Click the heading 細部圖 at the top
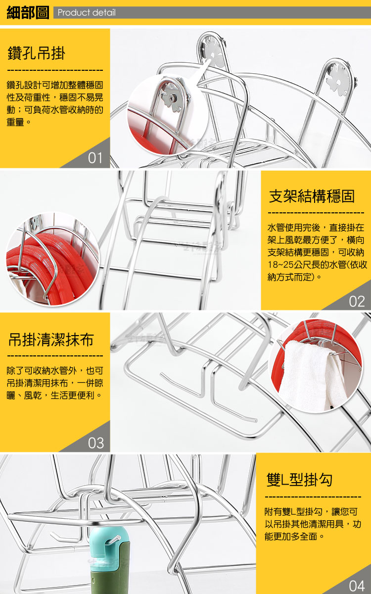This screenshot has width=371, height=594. pos(28,12)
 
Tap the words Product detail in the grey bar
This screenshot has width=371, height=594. pos(87,12)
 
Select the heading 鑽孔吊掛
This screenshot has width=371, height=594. pos(36,53)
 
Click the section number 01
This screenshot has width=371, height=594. pos(95,158)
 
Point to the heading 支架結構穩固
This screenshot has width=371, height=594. pos(312,196)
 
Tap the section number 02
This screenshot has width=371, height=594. pos(357,302)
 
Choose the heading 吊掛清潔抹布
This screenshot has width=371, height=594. pos(51,340)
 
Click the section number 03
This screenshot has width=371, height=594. pos(95,443)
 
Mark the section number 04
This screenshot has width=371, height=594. pos(357,585)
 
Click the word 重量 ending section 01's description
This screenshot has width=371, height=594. pos(15,122)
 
